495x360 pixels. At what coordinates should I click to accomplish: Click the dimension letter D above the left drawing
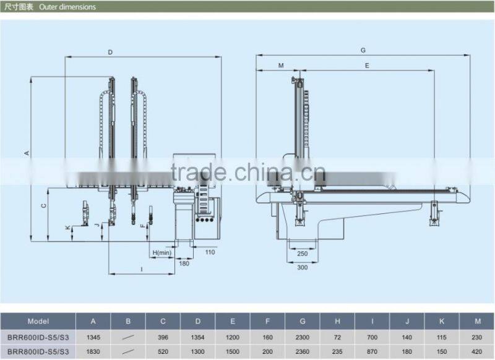pyautogui.click(x=110, y=52)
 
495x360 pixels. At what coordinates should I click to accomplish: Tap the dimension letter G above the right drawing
pyautogui.click(x=363, y=50)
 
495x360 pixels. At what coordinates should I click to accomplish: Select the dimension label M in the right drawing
pyautogui.click(x=281, y=66)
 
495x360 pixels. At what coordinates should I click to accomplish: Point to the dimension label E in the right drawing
pyautogui.click(x=367, y=66)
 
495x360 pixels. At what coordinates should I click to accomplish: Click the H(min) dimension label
pyautogui.click(x=162, y=252)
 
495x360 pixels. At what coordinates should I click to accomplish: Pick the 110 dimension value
pyautogui.click(x=210, y=252)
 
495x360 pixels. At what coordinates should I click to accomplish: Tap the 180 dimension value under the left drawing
pyautogui.click(x=184, y=263)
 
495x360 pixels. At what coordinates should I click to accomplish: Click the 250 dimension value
pyautogui.click(x=302, y=254)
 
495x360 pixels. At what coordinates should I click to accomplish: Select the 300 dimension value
pyautogui.click(x=302, y=268)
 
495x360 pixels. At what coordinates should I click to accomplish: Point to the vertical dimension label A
pyautogui.click(x=27, y=153)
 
